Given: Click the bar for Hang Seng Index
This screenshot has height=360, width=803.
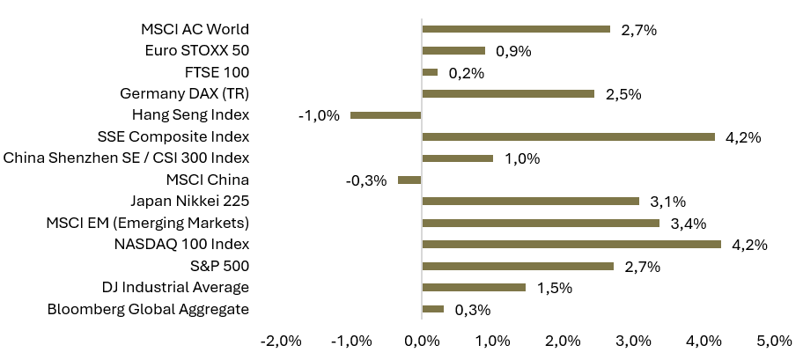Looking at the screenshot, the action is coord(386,115).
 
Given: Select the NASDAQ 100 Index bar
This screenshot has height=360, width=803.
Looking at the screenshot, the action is coord(571,245).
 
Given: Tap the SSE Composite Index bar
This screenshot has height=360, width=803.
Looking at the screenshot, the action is coord(569,136).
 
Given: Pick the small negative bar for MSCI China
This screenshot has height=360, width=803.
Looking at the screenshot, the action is coord(409,180).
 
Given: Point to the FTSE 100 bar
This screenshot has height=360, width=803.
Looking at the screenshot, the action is coord(431,72).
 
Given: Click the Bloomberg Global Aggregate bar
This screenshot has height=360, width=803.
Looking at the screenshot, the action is coord(433,309).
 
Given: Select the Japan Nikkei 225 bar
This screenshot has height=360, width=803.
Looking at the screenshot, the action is coord(531,202).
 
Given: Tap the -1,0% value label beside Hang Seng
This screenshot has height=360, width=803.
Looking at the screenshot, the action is coord(319,115).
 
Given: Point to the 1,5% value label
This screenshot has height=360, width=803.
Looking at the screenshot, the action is coord(554,288).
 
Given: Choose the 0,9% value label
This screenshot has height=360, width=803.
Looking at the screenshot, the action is coord(513,51).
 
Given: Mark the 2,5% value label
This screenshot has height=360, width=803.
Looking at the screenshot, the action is coord(623,94).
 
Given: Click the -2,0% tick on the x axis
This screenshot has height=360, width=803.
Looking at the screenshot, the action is coord(281,341).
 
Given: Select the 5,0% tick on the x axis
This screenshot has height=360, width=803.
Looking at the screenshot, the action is coord(774,341).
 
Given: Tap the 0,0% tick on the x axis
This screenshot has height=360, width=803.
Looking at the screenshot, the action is coord(422,341).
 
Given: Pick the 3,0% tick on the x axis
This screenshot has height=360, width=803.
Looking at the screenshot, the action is coord(633,341).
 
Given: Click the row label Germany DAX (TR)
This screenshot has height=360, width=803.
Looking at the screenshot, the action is coord(184,94).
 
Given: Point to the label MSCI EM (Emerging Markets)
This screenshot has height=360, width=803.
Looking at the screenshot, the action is coord(148,224).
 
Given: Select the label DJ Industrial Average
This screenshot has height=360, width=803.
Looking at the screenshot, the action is coord(176,287).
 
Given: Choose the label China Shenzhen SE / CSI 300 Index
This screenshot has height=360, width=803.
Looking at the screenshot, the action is coord(127,158).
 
